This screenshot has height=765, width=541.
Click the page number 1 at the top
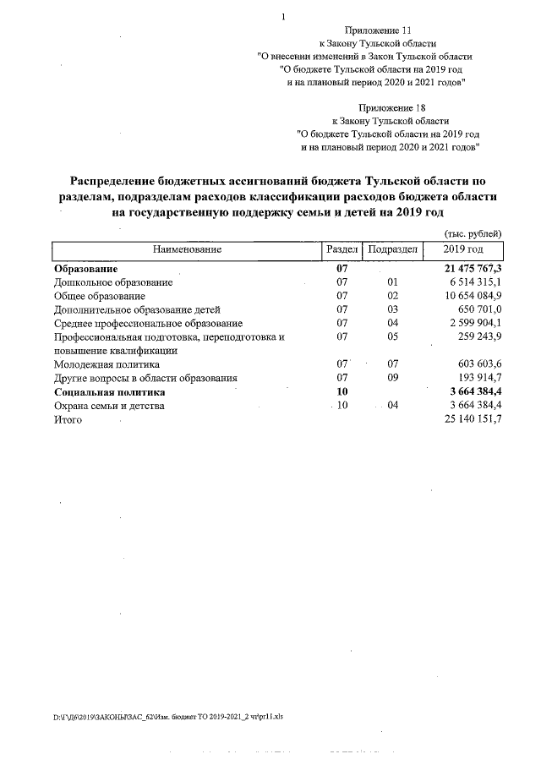[284, 16]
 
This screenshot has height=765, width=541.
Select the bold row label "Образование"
[86, 269]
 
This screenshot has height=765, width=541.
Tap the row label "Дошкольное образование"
[113, 282]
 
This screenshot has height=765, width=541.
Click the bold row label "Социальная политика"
[109, 392]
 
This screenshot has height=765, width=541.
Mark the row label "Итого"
[68, 420]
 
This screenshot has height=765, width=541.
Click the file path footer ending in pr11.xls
[168, 716]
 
